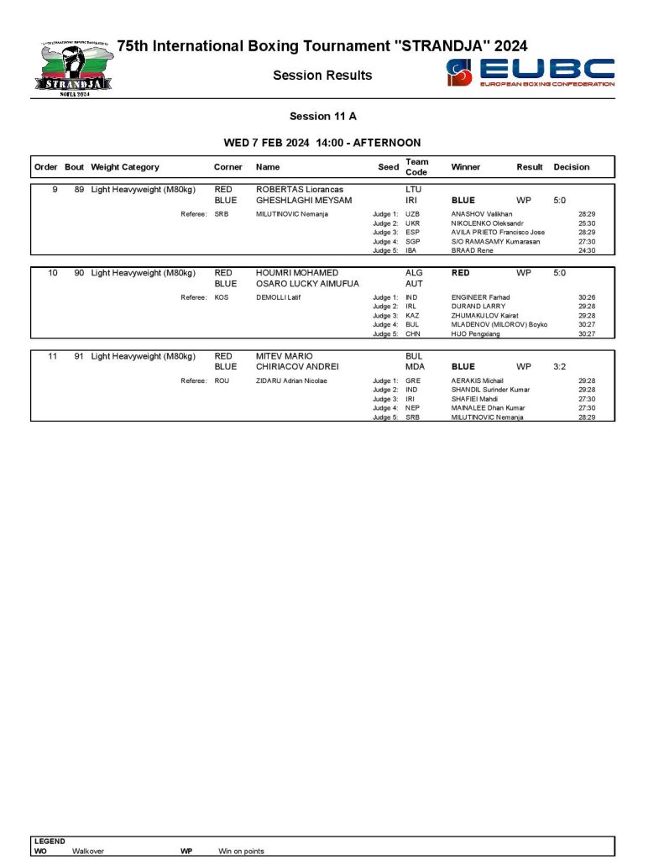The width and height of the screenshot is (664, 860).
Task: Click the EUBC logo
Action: (x=531, y=72)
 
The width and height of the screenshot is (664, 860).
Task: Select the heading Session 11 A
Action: (x=323, y=116)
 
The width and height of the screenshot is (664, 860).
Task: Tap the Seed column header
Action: (x=388, y=167)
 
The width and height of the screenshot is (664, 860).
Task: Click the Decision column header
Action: (x=571, y=167)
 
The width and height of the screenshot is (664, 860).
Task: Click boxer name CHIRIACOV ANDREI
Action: (x=296, y=367)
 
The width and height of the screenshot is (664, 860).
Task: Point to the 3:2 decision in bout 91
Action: (x=559, y=367)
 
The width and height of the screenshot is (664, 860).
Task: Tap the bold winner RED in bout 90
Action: (x=461, y=273)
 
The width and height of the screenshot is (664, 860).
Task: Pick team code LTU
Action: (x=413, y=190)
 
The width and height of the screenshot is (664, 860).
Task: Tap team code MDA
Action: (x=415, y=367)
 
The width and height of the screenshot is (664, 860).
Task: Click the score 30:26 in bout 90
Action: (x=586, y=297)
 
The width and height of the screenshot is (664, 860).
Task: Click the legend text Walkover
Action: (x=87, y=851)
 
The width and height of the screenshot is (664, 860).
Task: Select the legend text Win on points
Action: (x=241, y=851)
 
